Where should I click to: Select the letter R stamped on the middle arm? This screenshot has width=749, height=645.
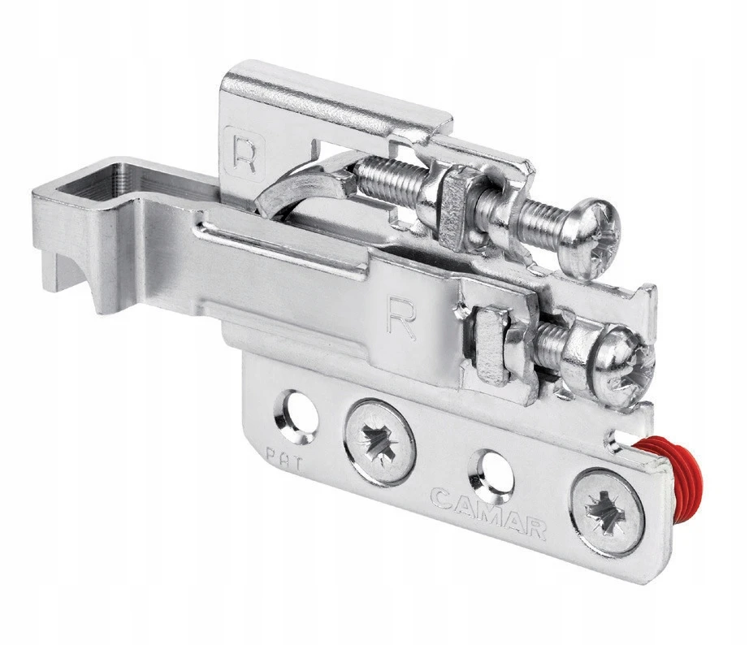403,318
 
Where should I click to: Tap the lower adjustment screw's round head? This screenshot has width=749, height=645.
622,366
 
